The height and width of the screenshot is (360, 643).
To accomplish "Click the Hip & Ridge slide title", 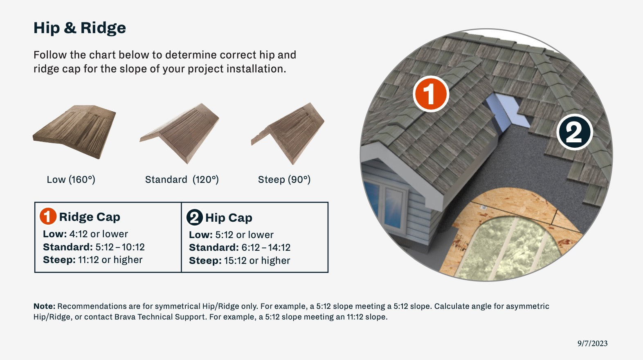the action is tap(79, 28).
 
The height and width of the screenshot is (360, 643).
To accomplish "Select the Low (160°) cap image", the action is tap(74, 132).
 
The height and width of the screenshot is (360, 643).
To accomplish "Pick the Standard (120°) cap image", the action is tap(180, 133).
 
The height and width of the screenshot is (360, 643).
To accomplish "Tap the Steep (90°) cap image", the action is tap(288, 133).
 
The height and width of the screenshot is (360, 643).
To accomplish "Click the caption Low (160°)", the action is tap(71, 180).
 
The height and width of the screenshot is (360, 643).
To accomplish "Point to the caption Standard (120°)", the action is tap(182, 180).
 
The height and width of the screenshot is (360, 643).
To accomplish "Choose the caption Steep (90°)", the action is tap(284, 180).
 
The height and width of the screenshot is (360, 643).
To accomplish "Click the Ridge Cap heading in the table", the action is tap(90, 217).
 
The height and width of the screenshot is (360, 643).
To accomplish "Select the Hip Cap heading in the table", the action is tap(229, 218).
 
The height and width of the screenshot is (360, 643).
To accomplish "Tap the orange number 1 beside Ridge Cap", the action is tap(48, 216).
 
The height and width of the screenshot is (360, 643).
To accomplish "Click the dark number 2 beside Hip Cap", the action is tap(195, 217).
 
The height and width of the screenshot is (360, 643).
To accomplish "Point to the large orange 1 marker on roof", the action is tap(431, 94).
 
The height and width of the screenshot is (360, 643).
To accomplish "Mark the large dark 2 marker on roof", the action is tap(575, 132).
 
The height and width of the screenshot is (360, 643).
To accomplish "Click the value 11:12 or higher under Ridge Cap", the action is tap(110, 260).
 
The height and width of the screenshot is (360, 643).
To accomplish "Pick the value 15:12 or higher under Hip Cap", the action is tap(257, 261).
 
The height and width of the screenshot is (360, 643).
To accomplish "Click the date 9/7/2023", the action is tap(592, 343).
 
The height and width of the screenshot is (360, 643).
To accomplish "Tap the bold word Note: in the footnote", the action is tap(44, 306).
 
